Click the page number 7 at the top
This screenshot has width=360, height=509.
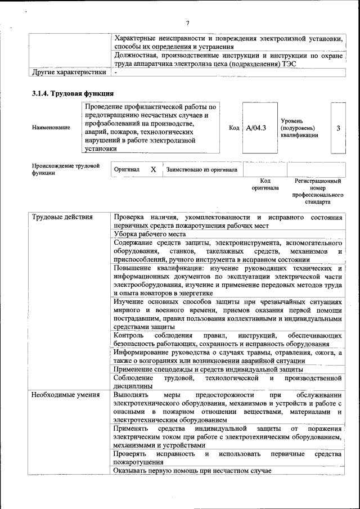188,22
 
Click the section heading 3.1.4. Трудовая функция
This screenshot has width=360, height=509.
73,93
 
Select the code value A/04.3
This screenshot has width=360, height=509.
256,128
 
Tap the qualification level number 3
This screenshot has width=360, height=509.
338,128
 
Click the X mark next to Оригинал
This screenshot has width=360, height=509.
153,169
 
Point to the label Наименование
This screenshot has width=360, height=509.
51,128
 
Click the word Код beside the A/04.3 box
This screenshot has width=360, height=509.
235,128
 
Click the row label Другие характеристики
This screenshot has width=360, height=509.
69,73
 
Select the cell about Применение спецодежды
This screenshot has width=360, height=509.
208,370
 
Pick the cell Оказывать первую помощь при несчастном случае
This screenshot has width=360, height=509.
192,470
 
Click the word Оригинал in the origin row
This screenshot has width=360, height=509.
127,169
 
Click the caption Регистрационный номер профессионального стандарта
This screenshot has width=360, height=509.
318,191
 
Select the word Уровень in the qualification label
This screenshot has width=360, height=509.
292,120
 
